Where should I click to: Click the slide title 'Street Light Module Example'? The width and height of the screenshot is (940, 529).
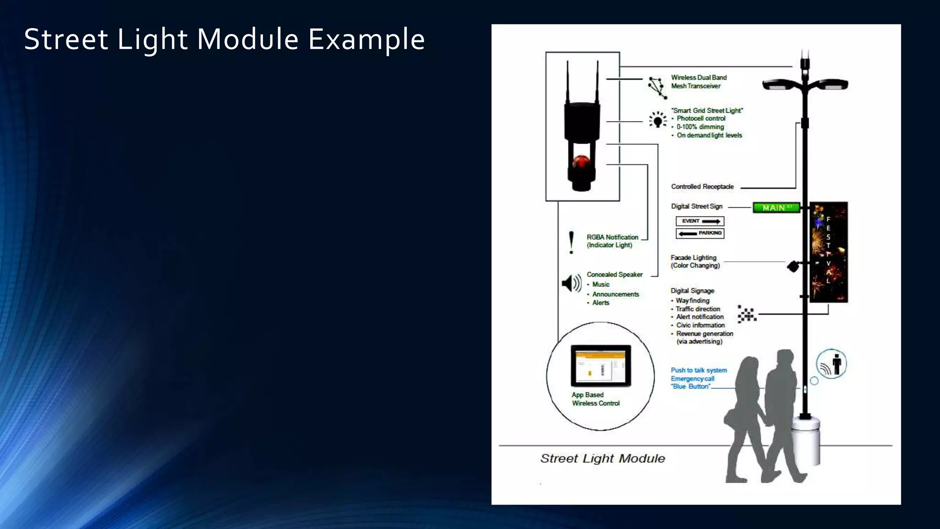[224, 39]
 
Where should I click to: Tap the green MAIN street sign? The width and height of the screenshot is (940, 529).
[776, 208]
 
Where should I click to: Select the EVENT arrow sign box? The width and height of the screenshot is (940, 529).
[700, 221]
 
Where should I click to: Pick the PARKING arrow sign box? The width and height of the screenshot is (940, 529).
[700, 233]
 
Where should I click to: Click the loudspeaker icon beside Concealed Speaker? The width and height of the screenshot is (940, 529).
[571, 283]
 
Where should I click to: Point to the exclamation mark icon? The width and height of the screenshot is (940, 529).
[571, 242]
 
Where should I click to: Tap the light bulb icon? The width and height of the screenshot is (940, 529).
[658, 120]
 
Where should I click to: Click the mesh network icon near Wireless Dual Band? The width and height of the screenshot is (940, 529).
[657, 87]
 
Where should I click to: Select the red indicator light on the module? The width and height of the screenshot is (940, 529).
[581, 161]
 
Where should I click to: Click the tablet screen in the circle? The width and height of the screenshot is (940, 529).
[601, 366]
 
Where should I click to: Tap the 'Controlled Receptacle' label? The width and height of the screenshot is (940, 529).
[702, 187]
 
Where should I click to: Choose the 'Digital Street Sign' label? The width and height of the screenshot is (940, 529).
[697, 207]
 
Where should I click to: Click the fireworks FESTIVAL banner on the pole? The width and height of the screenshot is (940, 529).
[828, 252]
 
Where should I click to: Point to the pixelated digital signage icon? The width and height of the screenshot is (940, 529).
[747, 314]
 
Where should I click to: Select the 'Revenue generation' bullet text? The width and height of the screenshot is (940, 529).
[705, 334]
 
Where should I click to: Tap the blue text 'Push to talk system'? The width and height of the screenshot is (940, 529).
[699, 370]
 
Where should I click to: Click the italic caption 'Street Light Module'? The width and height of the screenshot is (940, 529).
[603, 458]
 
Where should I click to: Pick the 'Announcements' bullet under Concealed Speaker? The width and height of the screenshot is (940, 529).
[615, 294]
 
